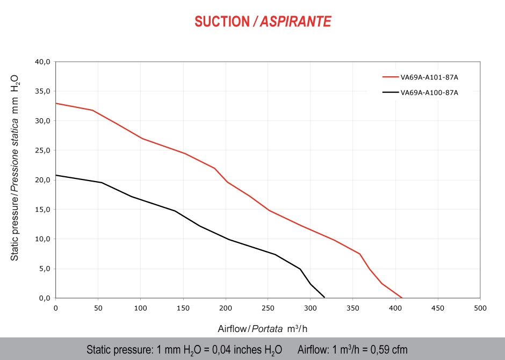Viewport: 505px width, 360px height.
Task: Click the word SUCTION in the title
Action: [x=222, y=21]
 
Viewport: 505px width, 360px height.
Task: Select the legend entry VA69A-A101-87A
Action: [x=429, y=77]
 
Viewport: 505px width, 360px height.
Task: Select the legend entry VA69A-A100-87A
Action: [x=429, y=92]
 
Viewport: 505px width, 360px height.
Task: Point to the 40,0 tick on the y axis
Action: [x=42, y=62]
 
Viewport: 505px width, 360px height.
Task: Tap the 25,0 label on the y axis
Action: [x=42, y=150]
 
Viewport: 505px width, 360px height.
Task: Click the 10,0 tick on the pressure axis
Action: [x=42, y=239]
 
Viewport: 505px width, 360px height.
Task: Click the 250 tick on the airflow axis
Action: [x=268, y=308]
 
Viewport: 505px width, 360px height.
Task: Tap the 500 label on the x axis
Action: [x=480, y=308]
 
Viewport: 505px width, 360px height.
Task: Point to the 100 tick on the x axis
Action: [x=141, y=308]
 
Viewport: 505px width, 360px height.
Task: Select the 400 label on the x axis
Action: [x=395, y=308]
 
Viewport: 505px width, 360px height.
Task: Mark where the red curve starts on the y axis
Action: [x=56, y=103]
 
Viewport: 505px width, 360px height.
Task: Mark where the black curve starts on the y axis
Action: [x=56, y=175]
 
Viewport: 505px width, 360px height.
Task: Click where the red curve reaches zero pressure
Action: [x=401, y=297]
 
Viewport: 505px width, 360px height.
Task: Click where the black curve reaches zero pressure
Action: [x=324, y=297]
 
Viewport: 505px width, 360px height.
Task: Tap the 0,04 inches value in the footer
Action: [x=239, y=350]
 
